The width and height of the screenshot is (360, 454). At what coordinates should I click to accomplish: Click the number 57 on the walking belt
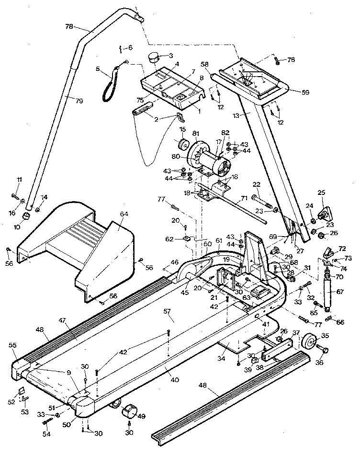coord(167,312)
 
